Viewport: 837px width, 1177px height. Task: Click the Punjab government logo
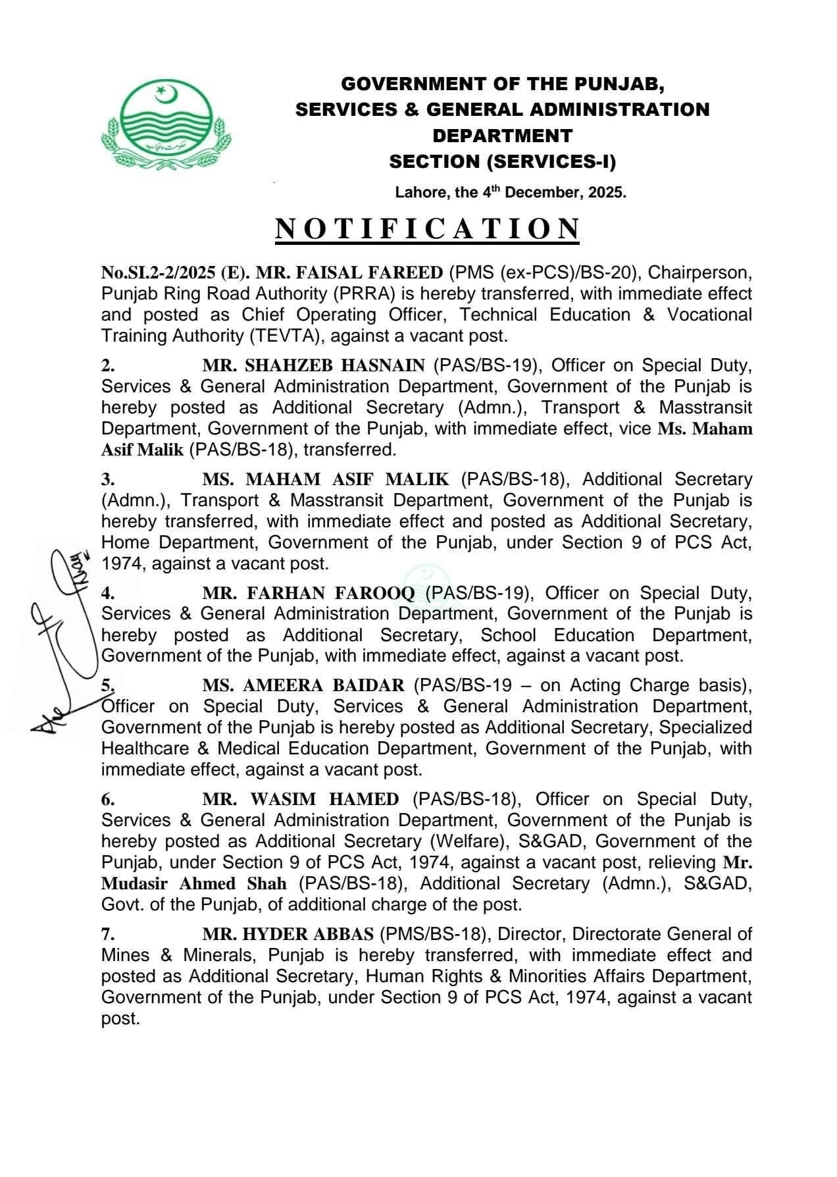pos(166,123)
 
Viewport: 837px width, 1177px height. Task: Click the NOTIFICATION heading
pos(427,228)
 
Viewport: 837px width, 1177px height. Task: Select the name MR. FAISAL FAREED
pos(349,273)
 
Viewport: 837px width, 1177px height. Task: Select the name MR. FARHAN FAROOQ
pos(309,593)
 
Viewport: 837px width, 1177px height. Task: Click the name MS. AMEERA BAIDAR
pos(303,685)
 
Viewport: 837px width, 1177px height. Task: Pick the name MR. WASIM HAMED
pos(301,799)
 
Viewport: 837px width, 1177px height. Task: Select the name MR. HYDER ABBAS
pos(288,934)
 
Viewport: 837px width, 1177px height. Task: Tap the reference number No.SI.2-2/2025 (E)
pos(173,273)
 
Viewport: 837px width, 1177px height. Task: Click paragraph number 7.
pos(108,934)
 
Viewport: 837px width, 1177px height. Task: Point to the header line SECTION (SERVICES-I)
pos(502,161)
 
